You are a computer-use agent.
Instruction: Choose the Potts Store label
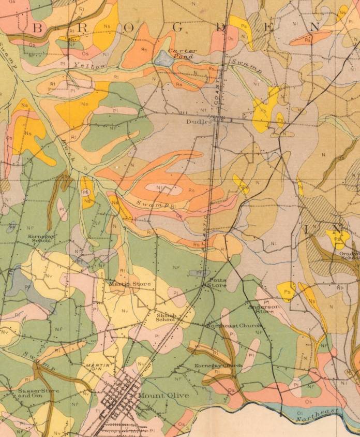214,283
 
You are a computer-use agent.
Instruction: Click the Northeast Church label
234,326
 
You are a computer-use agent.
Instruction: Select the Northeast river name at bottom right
320,412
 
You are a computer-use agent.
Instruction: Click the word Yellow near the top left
90,66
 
